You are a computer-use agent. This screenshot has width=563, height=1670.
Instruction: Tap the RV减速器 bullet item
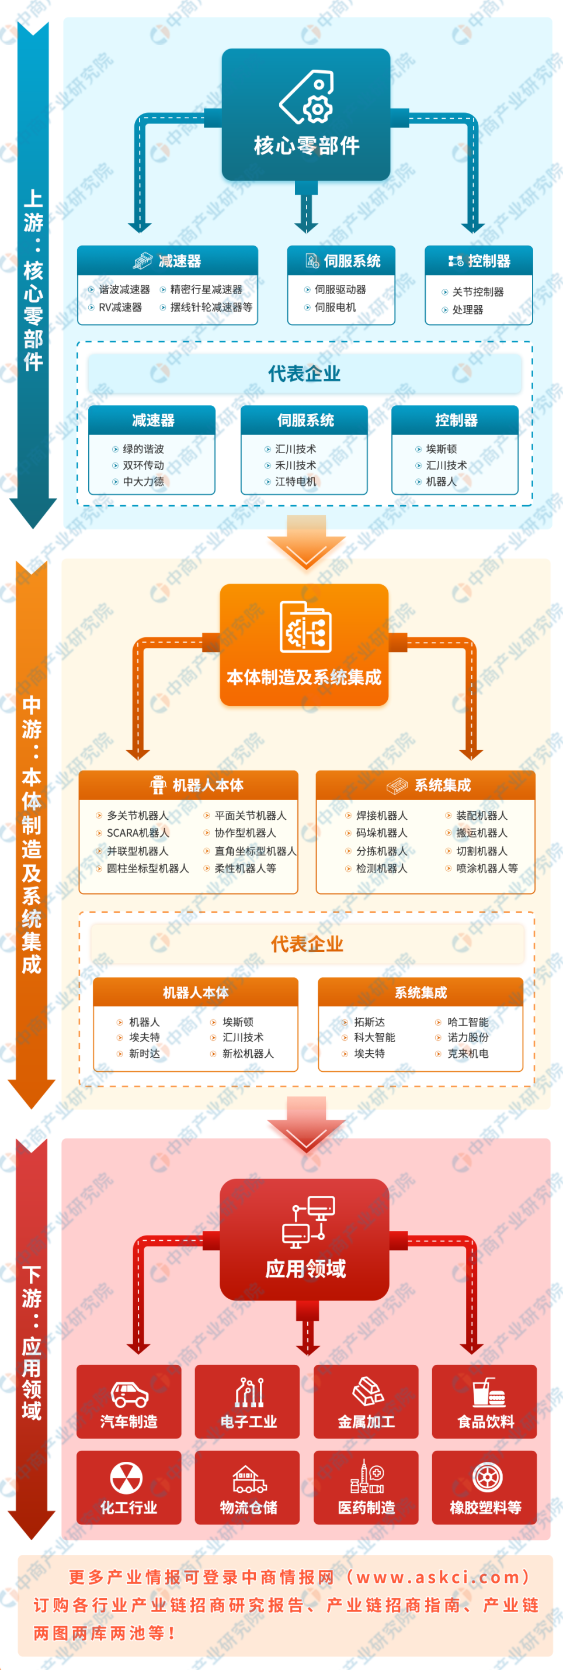[x=120, y=308]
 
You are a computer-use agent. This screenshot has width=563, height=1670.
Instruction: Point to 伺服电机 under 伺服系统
[x=335, y=308]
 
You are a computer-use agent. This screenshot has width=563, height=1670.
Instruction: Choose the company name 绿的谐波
[x=143, y=448]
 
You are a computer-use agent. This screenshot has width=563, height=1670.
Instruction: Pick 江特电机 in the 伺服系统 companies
[x=296, y=481]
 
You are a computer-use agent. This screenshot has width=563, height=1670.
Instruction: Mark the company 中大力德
[x=143, y=481]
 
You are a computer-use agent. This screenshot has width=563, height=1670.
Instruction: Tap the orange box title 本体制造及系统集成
[x=304, y=678]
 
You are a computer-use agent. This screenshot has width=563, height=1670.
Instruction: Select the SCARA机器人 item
[x=137, y=833]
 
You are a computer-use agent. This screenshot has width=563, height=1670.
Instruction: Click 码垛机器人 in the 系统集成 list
[x=381, y=833]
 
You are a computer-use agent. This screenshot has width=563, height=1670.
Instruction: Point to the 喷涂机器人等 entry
[x=486, y=868]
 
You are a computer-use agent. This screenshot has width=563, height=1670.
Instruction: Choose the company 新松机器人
[x=248, y=1054]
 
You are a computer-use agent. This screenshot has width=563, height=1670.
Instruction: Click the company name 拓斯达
[x=369, y=1022]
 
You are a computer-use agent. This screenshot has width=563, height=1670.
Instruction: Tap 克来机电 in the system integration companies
[x=468, y=1054]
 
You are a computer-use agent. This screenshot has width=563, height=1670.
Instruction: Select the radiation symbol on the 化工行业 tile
[x=127, y=1478]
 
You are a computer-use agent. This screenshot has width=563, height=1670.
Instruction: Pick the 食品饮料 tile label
[x=485, y=1421]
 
